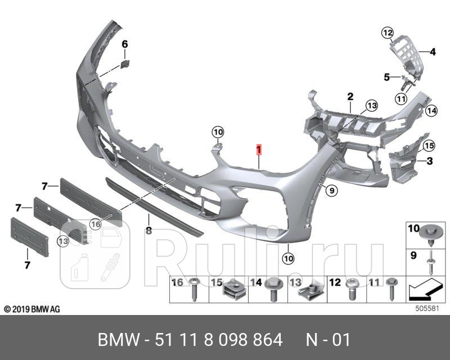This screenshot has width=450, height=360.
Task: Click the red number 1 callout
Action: (258, 150)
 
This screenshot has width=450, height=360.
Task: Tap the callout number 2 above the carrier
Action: (349, 97)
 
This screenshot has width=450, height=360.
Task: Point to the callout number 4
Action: (433, 52)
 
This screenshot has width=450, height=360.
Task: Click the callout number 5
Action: (386, 76)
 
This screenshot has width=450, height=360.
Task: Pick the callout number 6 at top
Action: (125, 44)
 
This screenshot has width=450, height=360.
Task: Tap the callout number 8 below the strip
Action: (148, 230)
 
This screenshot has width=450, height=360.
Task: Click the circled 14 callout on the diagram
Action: (431, 111)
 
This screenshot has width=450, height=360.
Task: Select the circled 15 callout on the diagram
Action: (429, 146)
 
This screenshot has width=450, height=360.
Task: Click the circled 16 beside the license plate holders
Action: (95, 224)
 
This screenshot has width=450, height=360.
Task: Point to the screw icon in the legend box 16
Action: (195, 288)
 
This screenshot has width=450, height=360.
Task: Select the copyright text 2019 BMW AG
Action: (32, 309)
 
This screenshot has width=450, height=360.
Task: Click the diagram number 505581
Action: (426, 309)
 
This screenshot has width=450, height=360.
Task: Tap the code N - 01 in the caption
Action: (328, 340)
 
